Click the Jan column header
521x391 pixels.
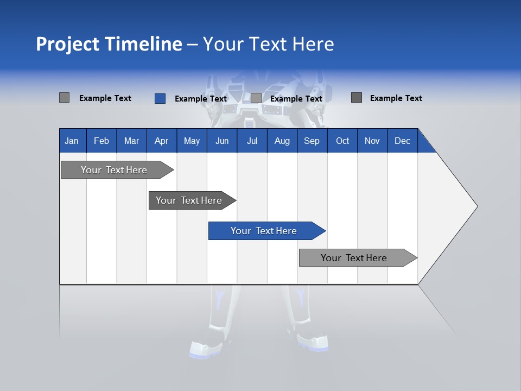point(72,141)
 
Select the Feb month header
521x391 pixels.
point(101,141)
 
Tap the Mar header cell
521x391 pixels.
point(131,141)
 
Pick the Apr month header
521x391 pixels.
point(162,141)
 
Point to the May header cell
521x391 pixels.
point(192,141)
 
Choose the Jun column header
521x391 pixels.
point(222,141)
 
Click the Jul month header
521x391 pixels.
point(252,141)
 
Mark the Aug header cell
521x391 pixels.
point(282,141)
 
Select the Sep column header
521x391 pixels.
point(312,141)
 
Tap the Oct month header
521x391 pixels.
point(342,141)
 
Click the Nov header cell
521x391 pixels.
point(372,141)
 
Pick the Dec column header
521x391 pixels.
point(403,141)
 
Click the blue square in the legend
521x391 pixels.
point(160,98)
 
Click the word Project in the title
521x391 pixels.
point(67,44)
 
